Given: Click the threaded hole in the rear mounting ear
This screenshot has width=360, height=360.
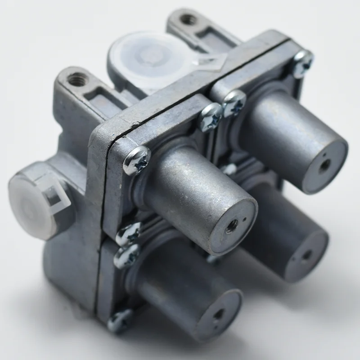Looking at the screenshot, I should [188, 20].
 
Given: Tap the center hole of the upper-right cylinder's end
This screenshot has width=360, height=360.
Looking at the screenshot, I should [324, 165].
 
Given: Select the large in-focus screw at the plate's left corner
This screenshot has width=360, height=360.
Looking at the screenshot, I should [136, 160].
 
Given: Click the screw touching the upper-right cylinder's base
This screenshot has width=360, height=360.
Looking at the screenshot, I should [234, 103].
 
